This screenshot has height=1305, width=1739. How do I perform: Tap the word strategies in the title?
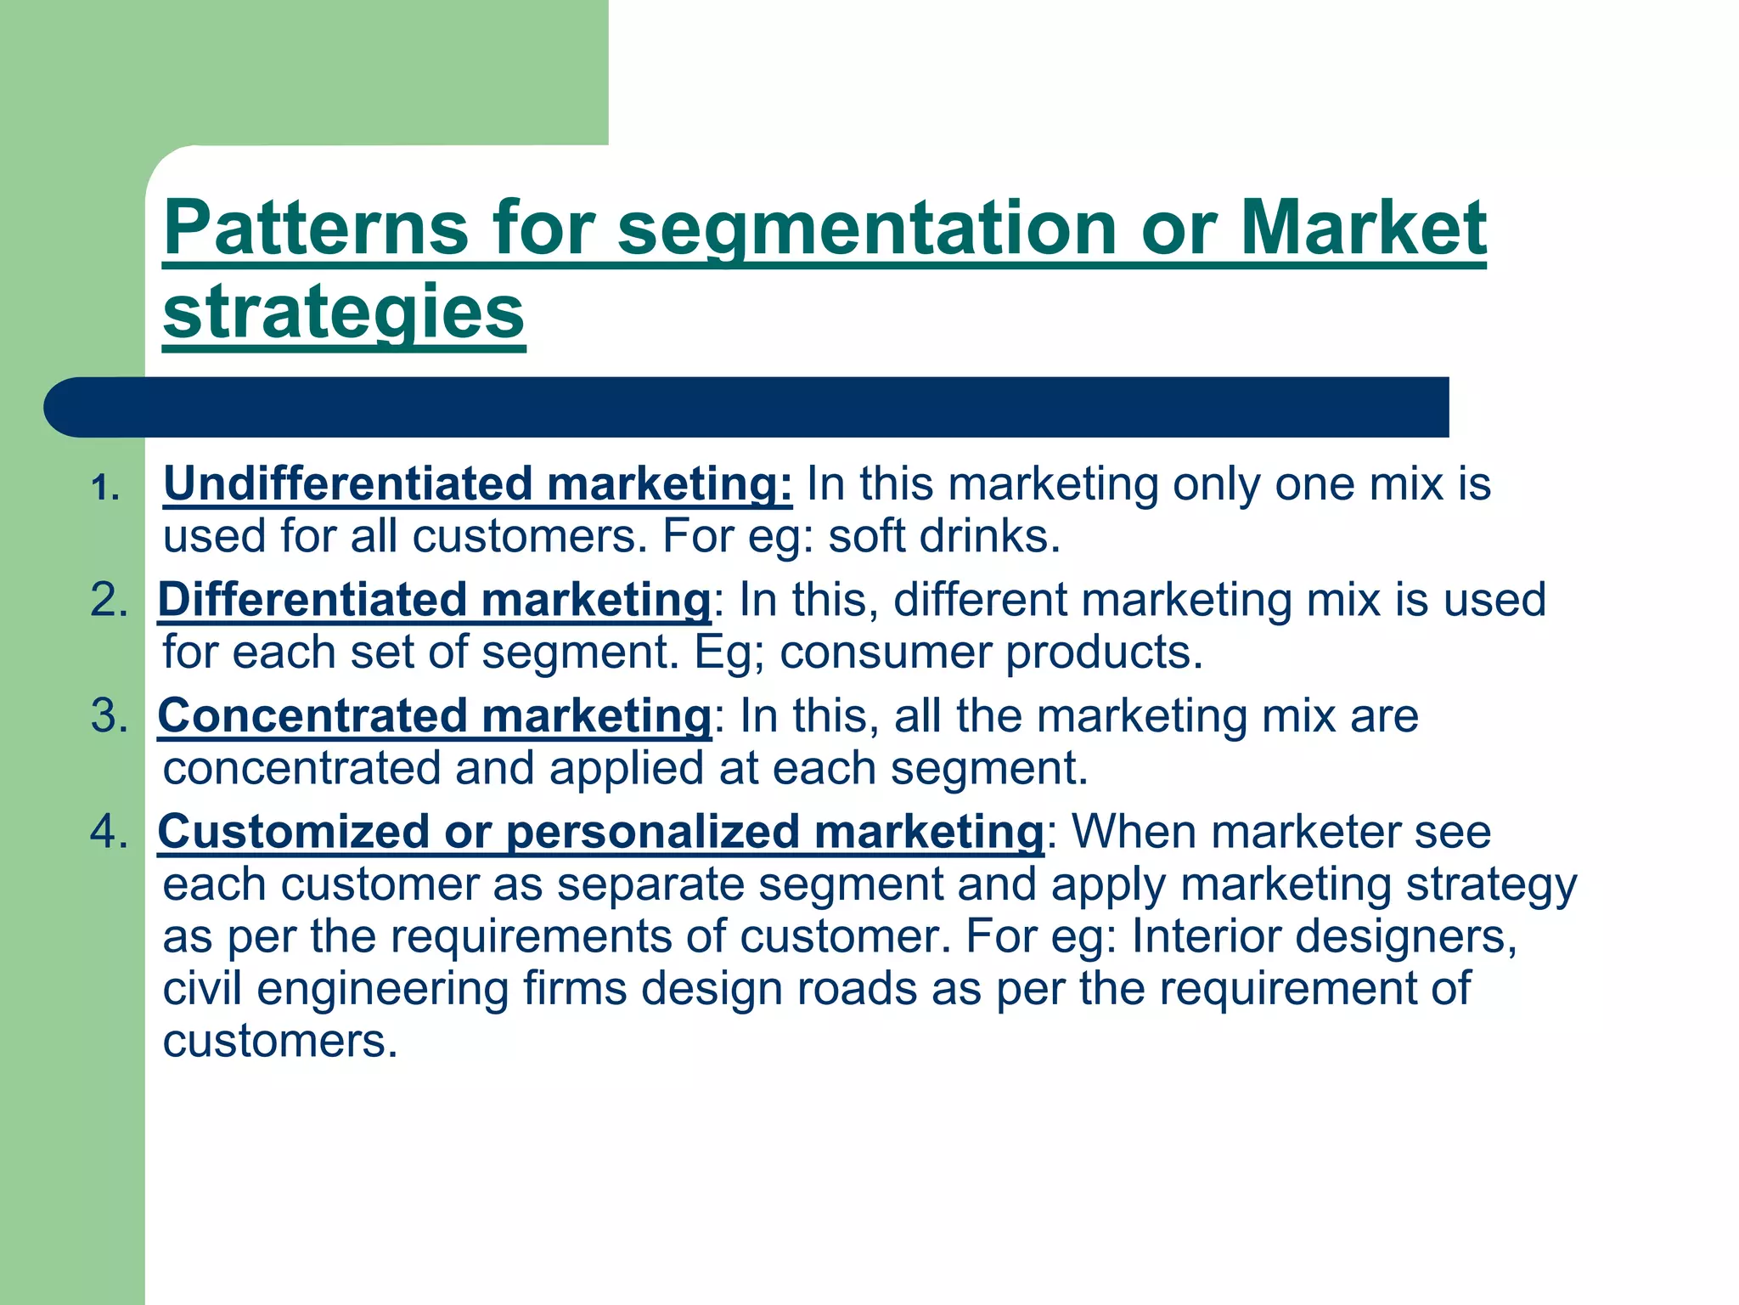point(344,312)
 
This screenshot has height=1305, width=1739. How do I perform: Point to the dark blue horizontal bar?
point(747,408)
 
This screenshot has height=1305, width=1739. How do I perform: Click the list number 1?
point(105,489)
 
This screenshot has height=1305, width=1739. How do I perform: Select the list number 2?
point(109,600)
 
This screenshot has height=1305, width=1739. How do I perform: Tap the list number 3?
point(109,715)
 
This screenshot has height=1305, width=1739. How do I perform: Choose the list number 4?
point(109,831)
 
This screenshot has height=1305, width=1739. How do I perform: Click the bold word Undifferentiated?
point(347,483)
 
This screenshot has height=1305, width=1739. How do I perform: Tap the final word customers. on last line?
point(280,1042)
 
